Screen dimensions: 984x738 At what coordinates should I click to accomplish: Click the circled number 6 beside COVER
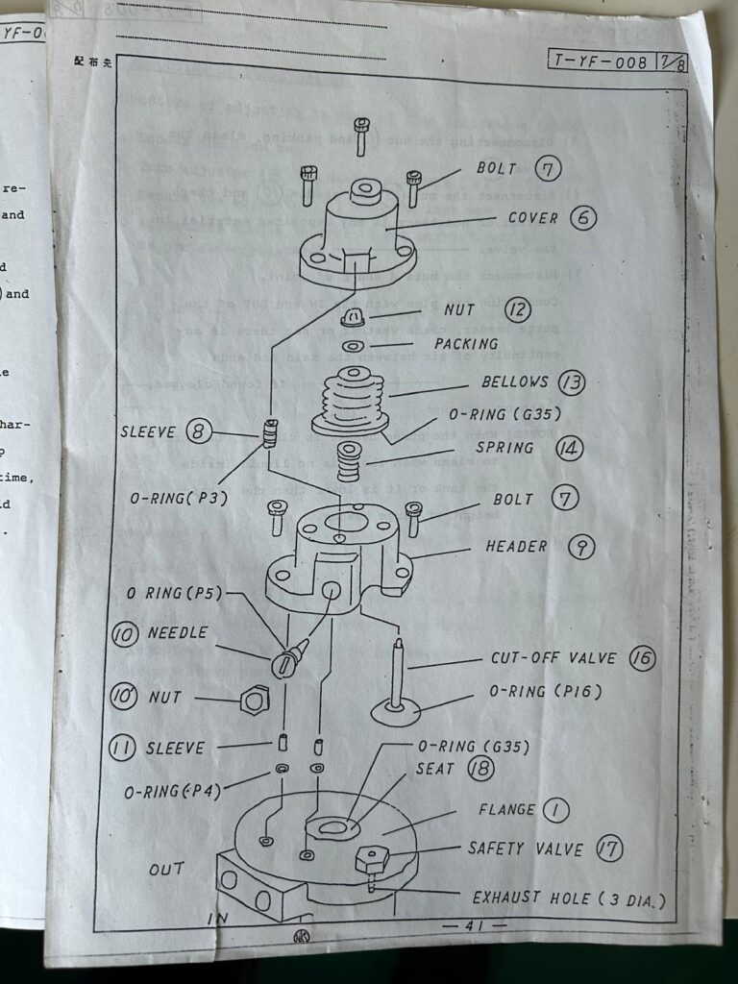(x=582, y=217)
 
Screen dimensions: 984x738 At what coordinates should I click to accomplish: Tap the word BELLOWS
(x=515, y=382)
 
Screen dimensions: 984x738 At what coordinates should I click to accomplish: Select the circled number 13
(x=572, y=382)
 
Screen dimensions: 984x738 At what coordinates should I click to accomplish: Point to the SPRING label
(x=504, y=449)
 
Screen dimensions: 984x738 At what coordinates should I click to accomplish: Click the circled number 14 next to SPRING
(x=569, y=448)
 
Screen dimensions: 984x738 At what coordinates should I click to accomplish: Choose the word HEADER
(x=516, y=547)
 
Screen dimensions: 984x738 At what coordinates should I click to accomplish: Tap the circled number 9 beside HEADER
(x=581, y=547)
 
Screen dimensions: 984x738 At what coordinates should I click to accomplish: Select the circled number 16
(x=642, y=659)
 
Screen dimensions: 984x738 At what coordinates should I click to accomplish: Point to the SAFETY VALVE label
(x=525, y=849)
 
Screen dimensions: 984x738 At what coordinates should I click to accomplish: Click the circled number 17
(x=608, y=849)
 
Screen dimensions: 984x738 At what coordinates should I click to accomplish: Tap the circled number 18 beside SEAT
(x=480, y=769)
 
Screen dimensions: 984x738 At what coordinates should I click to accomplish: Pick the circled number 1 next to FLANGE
(x=555, y=809)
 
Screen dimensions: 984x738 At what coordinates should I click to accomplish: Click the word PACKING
(x=466, y=343)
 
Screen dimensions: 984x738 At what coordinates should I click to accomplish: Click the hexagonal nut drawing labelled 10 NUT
(x=253, y=701)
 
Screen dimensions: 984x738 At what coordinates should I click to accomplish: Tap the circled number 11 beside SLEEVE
(x=122, y=748)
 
